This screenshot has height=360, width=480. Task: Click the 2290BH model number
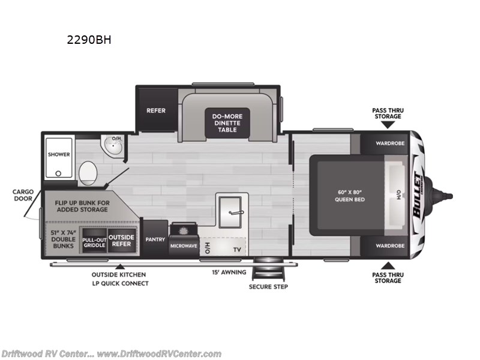pyautogui.click(x=89, y=40)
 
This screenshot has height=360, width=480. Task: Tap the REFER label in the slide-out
pyautogui.click(x=156, y=110)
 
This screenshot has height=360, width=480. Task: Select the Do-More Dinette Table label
pyautogui.click(x=227, y=123)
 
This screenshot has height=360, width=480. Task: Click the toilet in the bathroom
pyautogui.click(x=88, y=173)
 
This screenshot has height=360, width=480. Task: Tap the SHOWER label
pyautogui.click(x=59, y=155)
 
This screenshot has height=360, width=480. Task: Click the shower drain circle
pyautogui.click(x=58, y=173)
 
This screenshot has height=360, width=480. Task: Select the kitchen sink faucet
pyautogui.click(x=236, y=212)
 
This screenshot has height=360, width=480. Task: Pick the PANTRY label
pyautogui.click(x=155, y=239)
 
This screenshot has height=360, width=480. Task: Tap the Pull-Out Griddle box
pyautogui.click(x=95, y=241)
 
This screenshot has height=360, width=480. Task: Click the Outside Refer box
pyautogui.click(x=122, y=241)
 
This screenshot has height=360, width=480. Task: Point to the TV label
pyautogui.click(x=237, y=250)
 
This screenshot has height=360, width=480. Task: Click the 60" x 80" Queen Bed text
pyautogui.click(x=350, y=196)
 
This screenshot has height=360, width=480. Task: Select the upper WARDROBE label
pyautogui.click(x=390, y=143)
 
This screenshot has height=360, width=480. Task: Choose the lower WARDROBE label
pyautogui.click(x=390, y=246)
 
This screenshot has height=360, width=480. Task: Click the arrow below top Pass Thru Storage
pyautogui.click(x=388, y=124)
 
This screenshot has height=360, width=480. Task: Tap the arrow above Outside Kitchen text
pyautogui.click(x=120, y=266)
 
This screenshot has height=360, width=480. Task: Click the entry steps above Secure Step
pyautogui.click(x=268, y=269)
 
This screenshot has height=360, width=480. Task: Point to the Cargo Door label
pyautogui.click(x=23, y=195)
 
